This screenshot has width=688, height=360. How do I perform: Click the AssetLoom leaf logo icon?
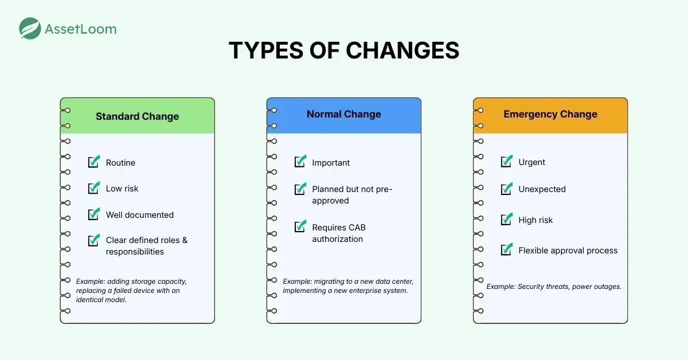coord(30,28)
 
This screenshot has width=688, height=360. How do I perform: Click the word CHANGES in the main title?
coord(402,50)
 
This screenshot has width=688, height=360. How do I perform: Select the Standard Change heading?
coord(137,116)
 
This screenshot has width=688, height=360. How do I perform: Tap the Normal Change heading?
coord(343,114)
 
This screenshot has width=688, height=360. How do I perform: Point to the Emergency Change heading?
coord(550,114)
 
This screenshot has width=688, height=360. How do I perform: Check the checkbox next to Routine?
coord(93,161)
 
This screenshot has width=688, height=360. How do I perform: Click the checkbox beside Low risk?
coord(93,187)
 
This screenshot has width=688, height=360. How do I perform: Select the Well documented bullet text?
coord(140,215)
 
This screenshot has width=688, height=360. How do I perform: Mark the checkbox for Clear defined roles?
coord(93,240)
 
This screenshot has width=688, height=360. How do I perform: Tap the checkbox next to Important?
coord(300,161)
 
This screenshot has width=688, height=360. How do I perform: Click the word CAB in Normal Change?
coord(357,228)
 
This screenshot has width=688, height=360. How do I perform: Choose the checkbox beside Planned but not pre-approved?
coord(300,189)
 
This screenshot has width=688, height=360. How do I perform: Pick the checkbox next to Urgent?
coord(506,161)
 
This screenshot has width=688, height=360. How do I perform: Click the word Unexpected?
coord(542,189)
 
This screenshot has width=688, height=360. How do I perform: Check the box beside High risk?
coord(506,219)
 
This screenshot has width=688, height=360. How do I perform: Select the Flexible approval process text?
coord(568,251)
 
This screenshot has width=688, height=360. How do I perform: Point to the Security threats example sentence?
coord(554,287)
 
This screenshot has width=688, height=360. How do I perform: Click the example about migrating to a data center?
coord(348,286)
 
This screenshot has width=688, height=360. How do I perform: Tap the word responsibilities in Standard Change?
coord(135,252)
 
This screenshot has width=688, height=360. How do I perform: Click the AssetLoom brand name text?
coord(81,29)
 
